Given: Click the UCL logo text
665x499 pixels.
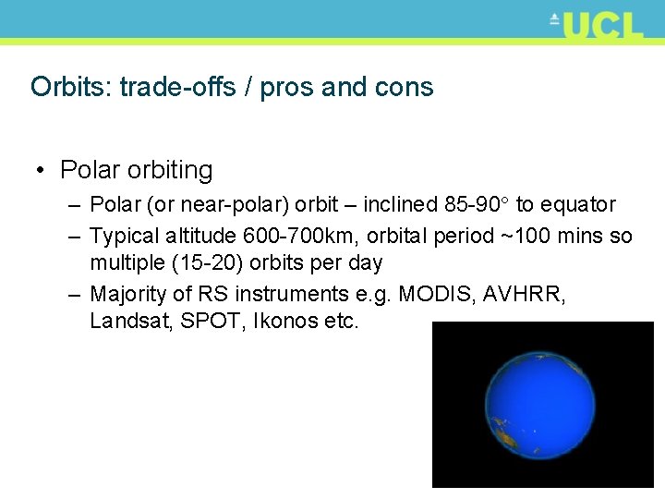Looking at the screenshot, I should [x=601, y=25].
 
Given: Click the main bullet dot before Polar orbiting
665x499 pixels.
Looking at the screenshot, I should [x=42, y=171].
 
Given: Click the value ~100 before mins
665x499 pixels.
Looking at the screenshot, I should [x=523, y=236].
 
